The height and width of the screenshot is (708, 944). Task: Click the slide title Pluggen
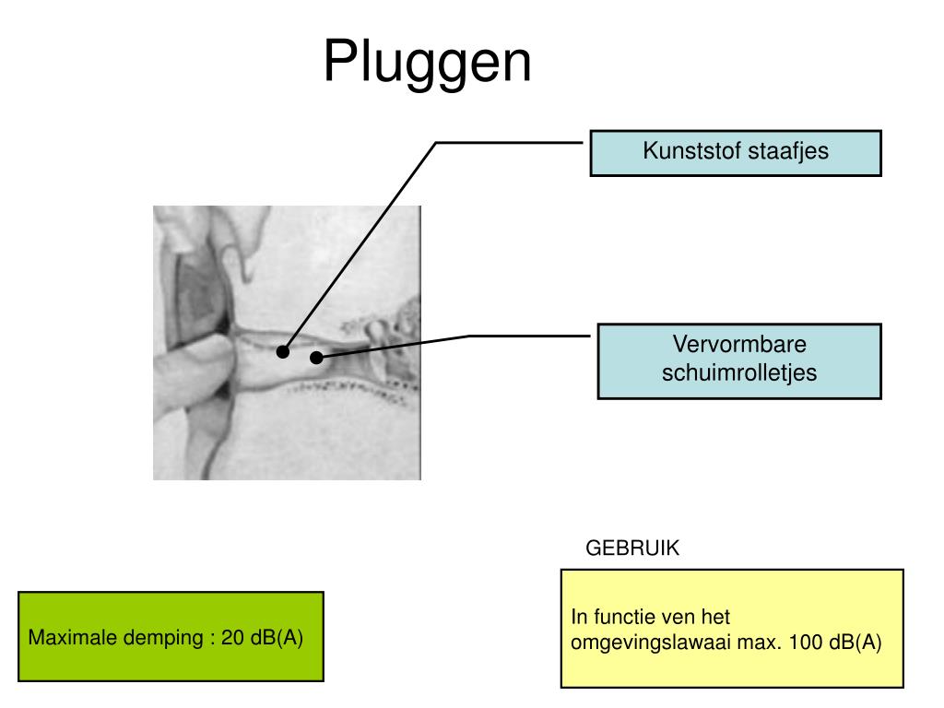[x=427, y=63]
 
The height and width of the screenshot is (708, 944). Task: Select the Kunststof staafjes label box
[x=736, y=153]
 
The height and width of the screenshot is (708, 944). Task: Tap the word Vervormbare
[x=739, y=346]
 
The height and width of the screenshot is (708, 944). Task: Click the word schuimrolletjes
[x=739, y=373]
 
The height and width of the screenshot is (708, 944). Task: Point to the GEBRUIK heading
[x=632, y=549]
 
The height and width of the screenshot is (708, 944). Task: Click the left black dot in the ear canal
[x=283, y=351]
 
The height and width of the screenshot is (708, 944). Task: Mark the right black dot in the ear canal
[x=316, y=357]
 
